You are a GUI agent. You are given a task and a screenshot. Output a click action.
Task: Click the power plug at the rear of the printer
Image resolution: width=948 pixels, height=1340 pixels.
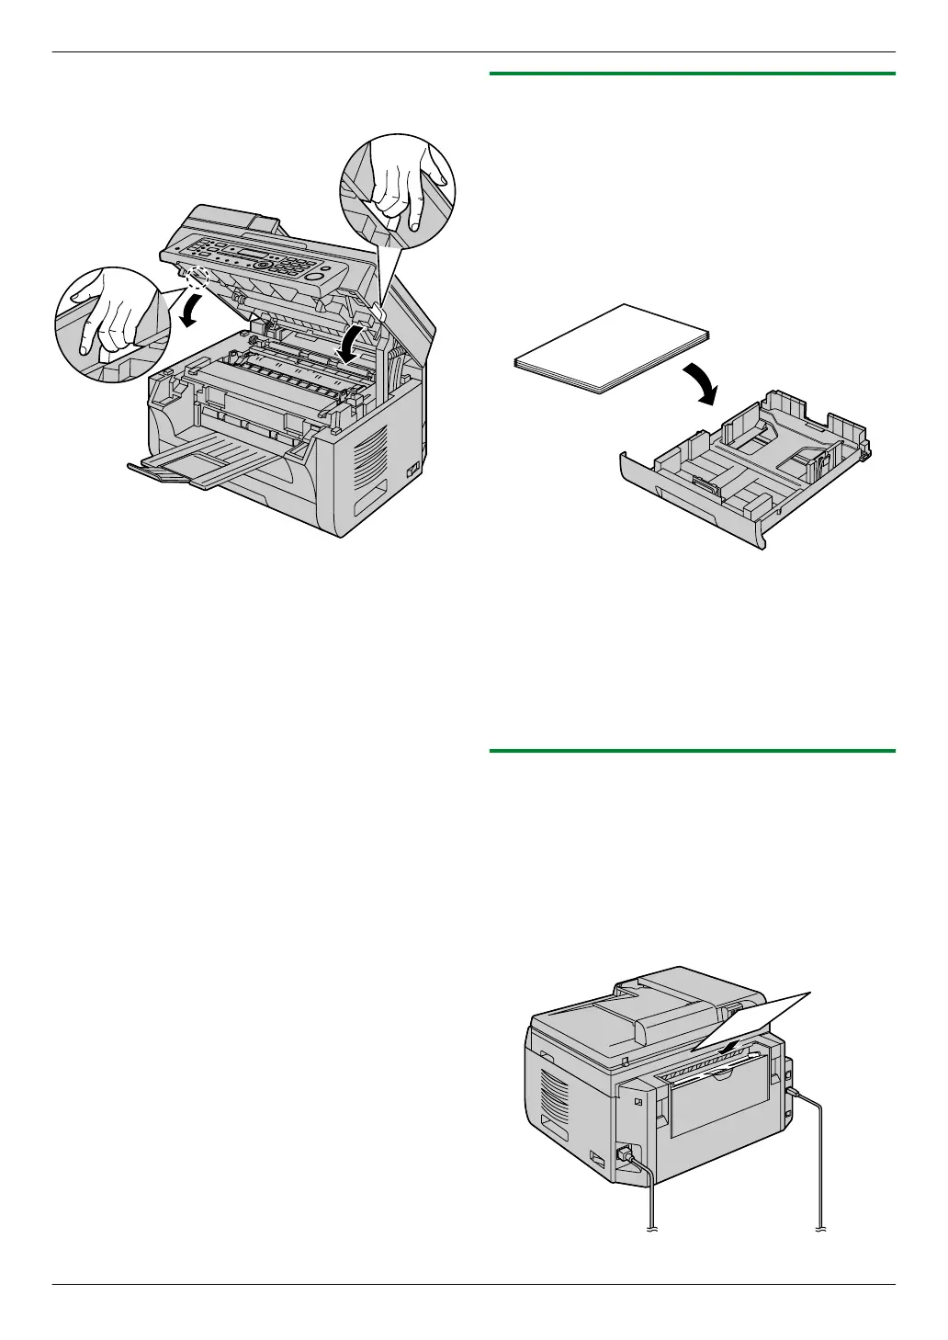pyautogui.click(x=629, y=1155)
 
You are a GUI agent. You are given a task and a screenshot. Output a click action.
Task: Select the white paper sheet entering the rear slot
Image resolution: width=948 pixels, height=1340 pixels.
pyautogui.click(x=753, y=1020)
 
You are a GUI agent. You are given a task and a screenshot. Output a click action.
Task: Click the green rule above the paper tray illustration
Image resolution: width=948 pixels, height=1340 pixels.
pyautogui.click(x=693, y=74)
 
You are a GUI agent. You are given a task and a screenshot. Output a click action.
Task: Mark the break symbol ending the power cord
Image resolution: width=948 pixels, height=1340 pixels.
pyautogui.click(x=651, y=1229)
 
